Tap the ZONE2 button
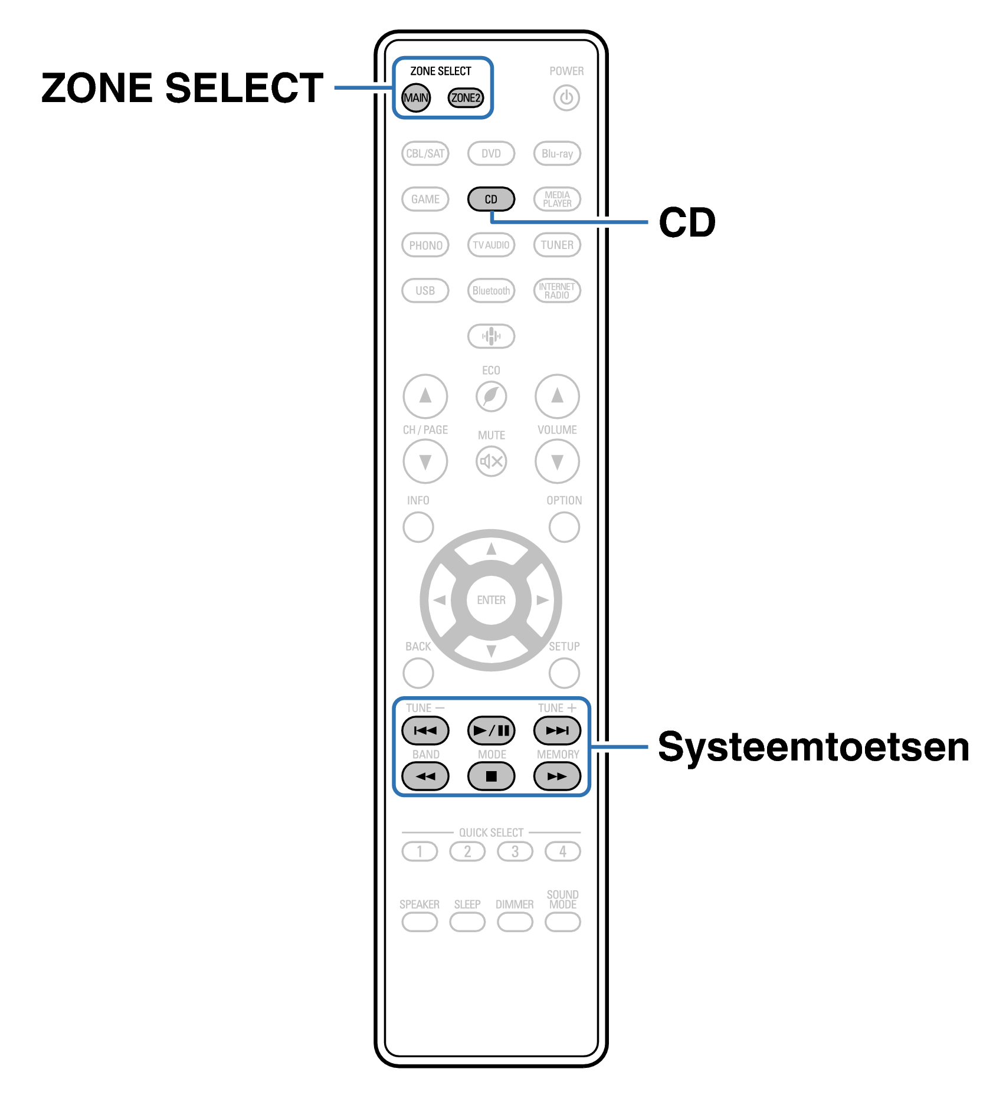click(466, 98)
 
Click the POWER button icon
click(566, 98)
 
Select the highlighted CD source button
click(491, 199)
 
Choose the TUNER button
click(557, 245)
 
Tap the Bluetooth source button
click(491, 291)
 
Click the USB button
click(425, 291)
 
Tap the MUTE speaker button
click(491, 461)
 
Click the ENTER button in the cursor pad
click(491, 600)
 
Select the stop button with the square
click(491, 776)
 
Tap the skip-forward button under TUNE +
click(557, 731)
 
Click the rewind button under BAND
click(425, 776)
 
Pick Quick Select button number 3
click(515, 852)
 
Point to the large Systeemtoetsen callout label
click(813, 748)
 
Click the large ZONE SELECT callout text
click(182, 88)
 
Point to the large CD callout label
click(687, 223)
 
